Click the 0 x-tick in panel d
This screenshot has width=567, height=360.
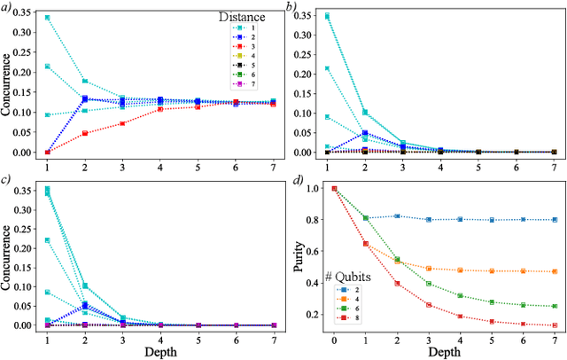pyautogui.click(x=334, y=339)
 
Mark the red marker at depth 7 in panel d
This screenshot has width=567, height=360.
pyautogui.click(x=555, y=325)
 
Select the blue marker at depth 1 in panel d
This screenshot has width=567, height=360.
pyautogui.click(x=366, y=217)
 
